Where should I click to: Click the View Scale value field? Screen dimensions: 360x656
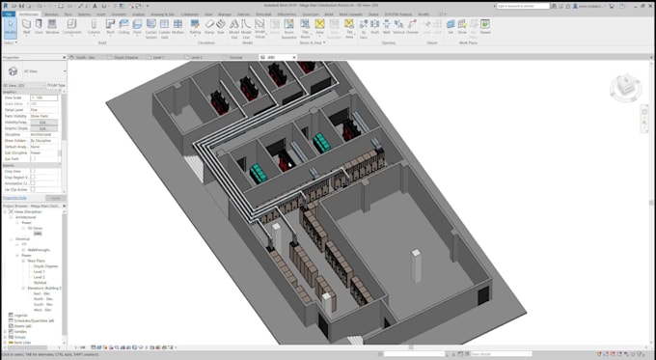43,97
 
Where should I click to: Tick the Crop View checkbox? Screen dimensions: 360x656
33,171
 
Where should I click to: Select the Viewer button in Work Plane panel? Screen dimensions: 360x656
485,29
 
